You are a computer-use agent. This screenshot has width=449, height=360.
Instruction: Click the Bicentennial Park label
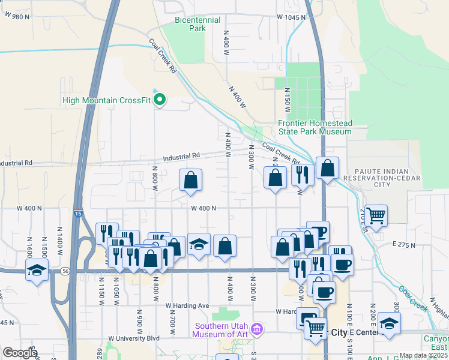pyautogui.click(x=189, y=24)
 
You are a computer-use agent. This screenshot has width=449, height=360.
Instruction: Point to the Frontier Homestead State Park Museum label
pyautogui.click(x=315, y=127)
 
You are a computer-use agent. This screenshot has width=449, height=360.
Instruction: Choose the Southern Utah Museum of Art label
pyautogui.click(x=220, y=330)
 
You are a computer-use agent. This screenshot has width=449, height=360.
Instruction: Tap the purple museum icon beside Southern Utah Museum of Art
pyautogui.click(x=258, y=329)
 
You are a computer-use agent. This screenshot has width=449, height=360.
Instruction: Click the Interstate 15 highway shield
pyautogui.click(x=79, y=213)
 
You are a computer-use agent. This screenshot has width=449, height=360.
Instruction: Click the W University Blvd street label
pyautogui.click(x=134, y=338)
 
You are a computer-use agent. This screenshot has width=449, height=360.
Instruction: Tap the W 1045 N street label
pyautogui.click(x=292, y=17)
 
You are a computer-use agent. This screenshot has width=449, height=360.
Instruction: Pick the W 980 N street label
pyautogui.click(x=16, y=17)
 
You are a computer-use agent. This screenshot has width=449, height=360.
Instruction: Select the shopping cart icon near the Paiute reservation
pyautogui.click(x=376, y=215)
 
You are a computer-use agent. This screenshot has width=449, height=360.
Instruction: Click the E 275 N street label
pyautogui.click(x=405, y=245)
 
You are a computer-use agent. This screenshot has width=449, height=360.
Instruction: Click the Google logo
pyautogui.click(x=19, y=353)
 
